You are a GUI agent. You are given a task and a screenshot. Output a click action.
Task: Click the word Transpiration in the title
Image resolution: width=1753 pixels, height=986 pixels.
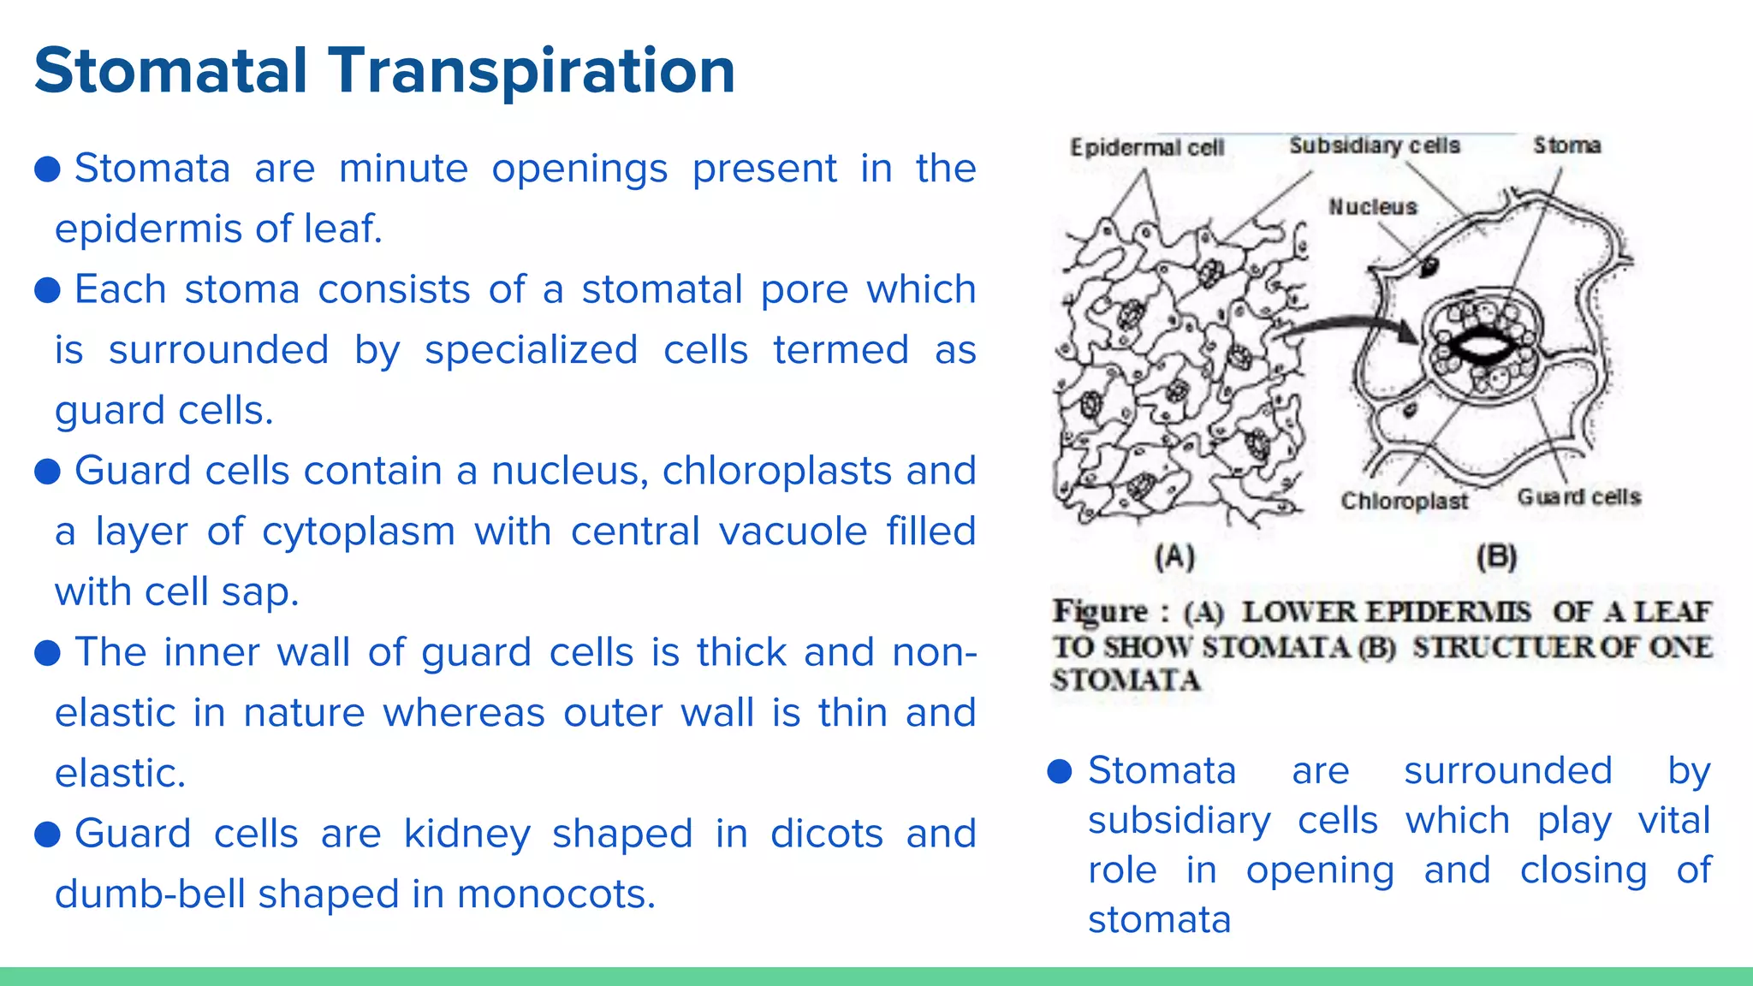pyautogui.click(x=532, y=72)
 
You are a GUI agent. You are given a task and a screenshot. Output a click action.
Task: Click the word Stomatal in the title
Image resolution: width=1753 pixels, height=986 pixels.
pyautogui.click(x=170, y=70)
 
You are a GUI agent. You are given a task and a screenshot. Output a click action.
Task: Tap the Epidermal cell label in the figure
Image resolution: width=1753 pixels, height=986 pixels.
pyautogui.click(x=1147, y=148)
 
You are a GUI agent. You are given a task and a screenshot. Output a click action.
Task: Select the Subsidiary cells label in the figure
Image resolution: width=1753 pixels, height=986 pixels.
pyautogui.click(x=1375, y=146)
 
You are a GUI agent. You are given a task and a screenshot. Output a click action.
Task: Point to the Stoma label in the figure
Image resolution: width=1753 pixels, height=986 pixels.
pyautogui.click(x=1566, y=146)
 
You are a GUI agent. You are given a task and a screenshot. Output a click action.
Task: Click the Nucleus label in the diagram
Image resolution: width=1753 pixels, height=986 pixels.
pyautogui.click(x=1372, y=207)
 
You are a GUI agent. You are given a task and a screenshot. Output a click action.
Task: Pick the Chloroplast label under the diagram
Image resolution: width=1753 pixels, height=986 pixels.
pyautogui.click(x=1404, y=501)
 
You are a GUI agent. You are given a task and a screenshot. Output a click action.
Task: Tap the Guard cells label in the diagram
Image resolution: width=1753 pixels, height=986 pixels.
pyautogui.click(x=1578, y=497)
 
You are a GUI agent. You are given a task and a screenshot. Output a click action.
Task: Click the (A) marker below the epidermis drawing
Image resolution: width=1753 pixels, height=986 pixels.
pyautogui.click(x=1174, y=557)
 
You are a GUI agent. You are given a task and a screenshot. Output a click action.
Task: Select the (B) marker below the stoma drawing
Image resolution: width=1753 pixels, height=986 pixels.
pyautogui.click(x=1496, y=557)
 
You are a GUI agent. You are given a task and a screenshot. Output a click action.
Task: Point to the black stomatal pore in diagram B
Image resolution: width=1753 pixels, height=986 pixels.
pyautogui.click(x=1483, y=346)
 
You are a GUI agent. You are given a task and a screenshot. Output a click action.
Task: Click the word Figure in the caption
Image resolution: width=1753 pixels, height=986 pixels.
pyautogui.click(x=1100, y=612)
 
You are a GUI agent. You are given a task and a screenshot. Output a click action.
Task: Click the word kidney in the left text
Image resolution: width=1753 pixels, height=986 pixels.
pyautogui.click(x=466, y=834)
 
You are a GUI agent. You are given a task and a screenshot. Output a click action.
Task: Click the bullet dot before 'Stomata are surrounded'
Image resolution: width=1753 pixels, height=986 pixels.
pyautogui.click(x=1060, y=771)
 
